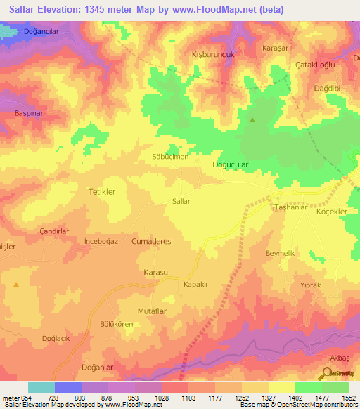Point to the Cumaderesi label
click(152, 240)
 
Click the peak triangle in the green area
click(252, 120)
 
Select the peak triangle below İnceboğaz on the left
click(15, 284)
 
